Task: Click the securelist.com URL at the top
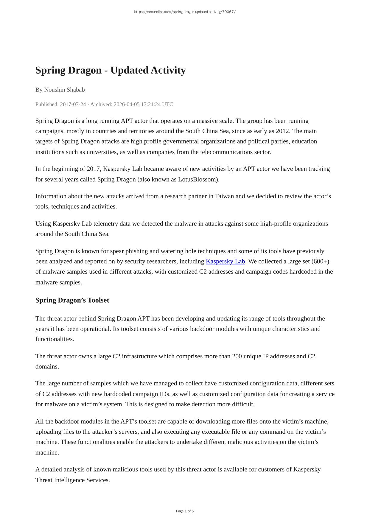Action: pyautogui.click(x=185, y=12)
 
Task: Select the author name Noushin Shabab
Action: pyautogui.click(x=64, y=90)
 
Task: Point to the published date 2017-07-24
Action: pyautogui.click(x=73, y=104)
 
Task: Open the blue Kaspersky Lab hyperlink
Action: pyautogui.click(x=225, y=261)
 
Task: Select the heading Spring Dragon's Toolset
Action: pyautogui.click(x=72, y=300)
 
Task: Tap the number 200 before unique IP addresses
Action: pyautogui.click(x=237, y=356)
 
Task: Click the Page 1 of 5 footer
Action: pyautogui.click(x=185, y=511)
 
